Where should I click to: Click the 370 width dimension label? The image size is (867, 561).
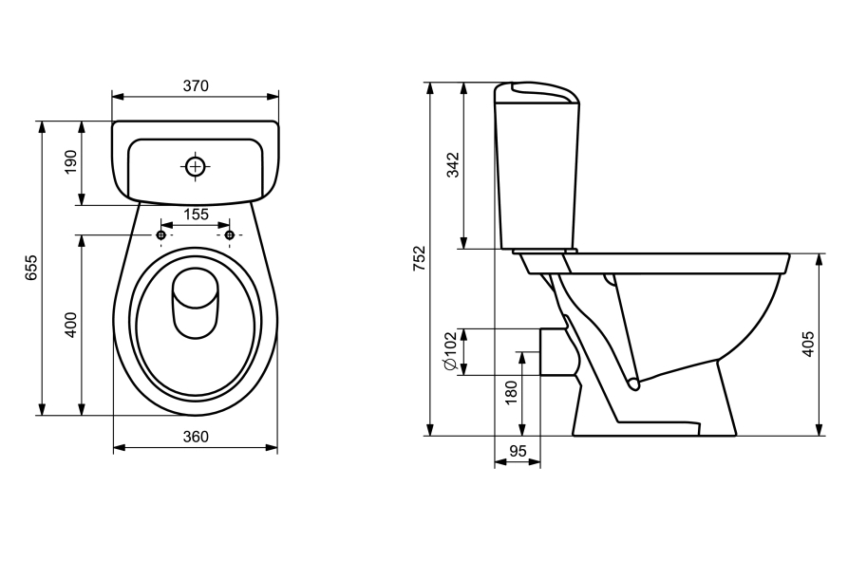(x=195, y=85)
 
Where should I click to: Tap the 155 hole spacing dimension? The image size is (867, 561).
(x=196, y=215)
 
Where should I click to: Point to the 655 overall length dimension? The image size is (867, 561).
(x=31, y=268)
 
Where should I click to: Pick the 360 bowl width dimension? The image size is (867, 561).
(x=195, y=437)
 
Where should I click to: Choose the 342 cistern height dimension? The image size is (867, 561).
(x=453, y=164)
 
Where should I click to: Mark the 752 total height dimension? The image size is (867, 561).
(x=420, y=258)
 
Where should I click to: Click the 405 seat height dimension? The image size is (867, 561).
(x=808, y=344)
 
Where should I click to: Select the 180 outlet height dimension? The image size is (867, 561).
(x=510, y=393)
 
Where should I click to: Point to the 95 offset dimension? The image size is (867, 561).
(x=517, y=453)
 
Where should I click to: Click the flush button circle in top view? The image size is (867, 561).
(x=195, y=166)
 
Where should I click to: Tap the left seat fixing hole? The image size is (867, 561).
(x=161, y=234)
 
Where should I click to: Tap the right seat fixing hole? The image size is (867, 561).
(x=229, y=234)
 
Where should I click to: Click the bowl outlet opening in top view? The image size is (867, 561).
(x=196, y=302)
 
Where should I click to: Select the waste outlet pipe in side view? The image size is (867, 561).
(x=555, y=351)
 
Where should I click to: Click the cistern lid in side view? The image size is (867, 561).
(x=537, y=92)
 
